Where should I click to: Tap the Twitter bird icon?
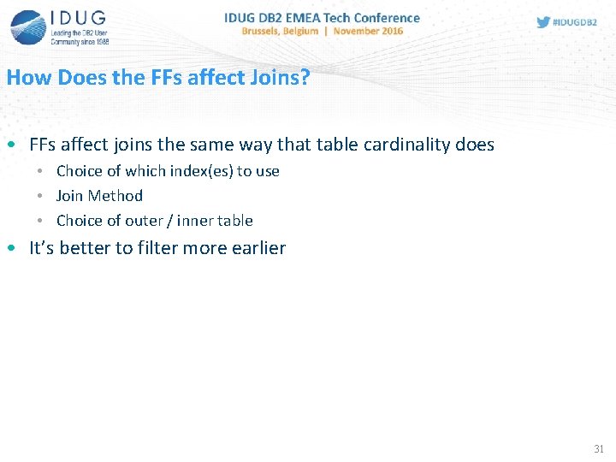543,22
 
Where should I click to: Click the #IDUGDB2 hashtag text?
574,22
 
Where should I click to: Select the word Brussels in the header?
265,31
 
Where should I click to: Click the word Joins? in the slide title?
279,77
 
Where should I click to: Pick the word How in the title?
27,77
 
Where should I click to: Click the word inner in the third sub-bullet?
195,221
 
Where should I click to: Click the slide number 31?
598,448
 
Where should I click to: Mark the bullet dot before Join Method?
40,196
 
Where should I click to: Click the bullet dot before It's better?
9,248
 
